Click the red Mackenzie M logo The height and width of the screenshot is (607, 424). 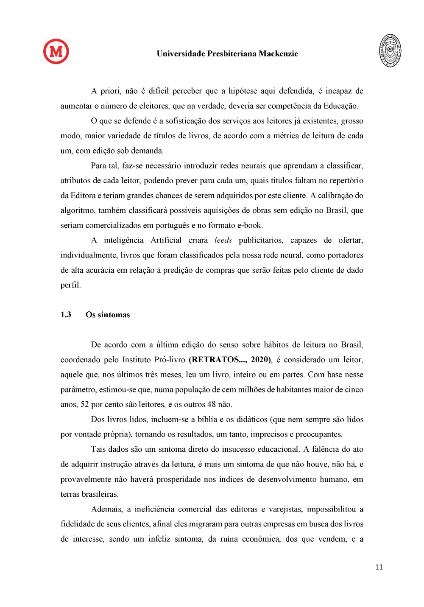click(x=56, y=51)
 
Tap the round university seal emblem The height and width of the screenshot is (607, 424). click(x=390, y=51)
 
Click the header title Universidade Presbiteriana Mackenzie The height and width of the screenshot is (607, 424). click(x=227, y=54)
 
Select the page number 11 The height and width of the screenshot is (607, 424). click(x=379, y=567)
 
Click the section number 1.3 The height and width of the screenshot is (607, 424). click(x=66, y=315)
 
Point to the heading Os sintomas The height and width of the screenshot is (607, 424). click(x=108, y=315)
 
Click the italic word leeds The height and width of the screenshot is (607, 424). click(x=223, y=240)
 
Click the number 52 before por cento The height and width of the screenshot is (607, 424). click(x=85, y=404)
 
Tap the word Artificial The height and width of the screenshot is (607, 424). click(x=166, y=240)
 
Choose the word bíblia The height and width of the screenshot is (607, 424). click(x=207, y=420)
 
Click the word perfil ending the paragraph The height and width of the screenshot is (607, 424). click(x=70, y=285)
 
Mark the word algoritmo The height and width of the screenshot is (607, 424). click(x=77, y=210)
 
